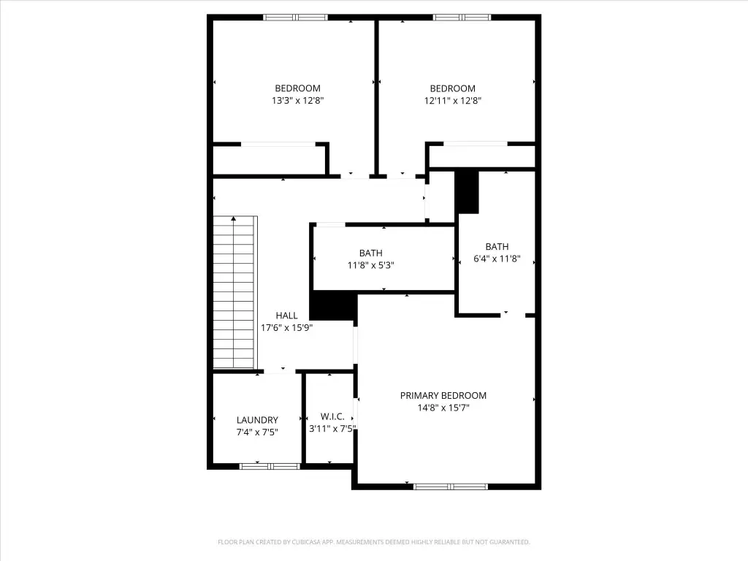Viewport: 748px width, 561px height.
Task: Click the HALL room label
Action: (x=286, y=316)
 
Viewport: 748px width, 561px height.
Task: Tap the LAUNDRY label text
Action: (x=257, y=420)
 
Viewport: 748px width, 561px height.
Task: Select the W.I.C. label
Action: (x=332, y=416)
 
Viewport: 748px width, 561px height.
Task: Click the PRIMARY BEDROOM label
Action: (x=443, y=395)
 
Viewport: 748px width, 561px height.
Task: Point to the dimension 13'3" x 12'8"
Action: (x=298, y=101)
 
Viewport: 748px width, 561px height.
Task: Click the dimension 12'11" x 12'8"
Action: (x=453, y=101)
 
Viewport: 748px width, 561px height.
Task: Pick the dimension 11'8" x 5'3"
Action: (x=370, y=265)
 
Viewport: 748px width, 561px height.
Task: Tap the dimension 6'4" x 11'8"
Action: (x=497, y=259)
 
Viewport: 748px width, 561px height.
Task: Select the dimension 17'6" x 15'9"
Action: (x=286, y=328)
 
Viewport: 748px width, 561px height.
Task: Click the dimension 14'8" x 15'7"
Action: (x=443, y=408)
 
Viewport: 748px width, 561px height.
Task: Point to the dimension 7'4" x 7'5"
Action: (x=257, y=432)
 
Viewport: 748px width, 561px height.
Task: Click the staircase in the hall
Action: (x=235, y=292)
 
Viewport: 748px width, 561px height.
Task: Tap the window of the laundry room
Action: (x=270, y=466)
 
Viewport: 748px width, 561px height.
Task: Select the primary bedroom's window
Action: (x=450, y=486)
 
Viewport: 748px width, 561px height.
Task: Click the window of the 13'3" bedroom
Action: (x=295, y=18)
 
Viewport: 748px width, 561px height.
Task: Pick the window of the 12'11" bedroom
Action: (x=462, y=18)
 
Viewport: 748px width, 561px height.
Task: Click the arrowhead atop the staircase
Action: (x=233, y=218)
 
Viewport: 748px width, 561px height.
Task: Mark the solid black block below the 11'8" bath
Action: (x=333, y=305)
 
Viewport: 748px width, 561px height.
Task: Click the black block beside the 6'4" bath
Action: (x=467, y=192)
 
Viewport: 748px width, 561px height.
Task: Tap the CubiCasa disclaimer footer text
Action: (x=374, y=542)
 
